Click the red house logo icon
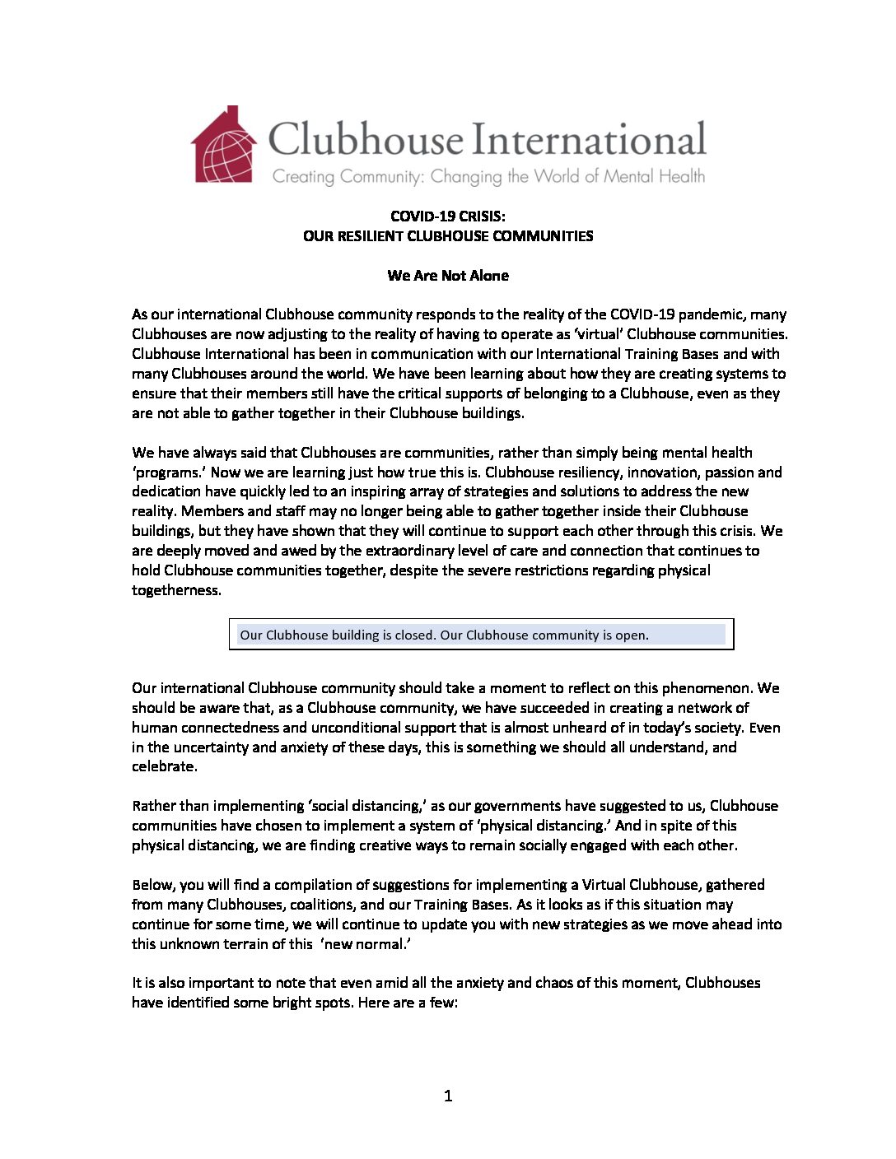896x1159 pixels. tap(224, 145)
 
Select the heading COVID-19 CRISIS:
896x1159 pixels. tap(448, 216)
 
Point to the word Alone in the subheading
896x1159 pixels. tap(489, 276)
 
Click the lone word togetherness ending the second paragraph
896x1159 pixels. tap(175, 590)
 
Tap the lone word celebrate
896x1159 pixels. tap(164, 766)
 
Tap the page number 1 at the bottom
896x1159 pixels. tap(448, 1096)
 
